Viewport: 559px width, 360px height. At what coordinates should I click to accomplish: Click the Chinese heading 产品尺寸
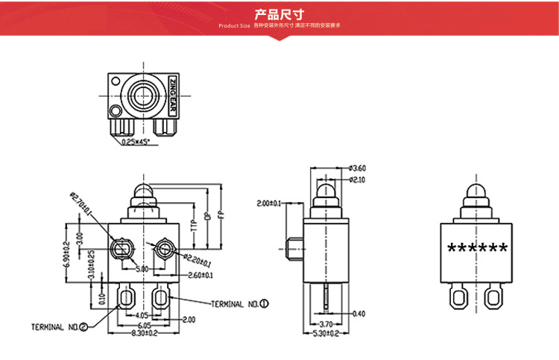click(279, 13)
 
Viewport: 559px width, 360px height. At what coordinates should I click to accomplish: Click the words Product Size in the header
click(234, 26)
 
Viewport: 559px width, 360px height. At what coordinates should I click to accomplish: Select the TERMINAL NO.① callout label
click(239, 304)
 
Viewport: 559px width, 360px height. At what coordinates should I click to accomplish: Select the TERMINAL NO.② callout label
click(59, 326)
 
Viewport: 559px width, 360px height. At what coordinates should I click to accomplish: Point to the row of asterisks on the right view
click(477, 248)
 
